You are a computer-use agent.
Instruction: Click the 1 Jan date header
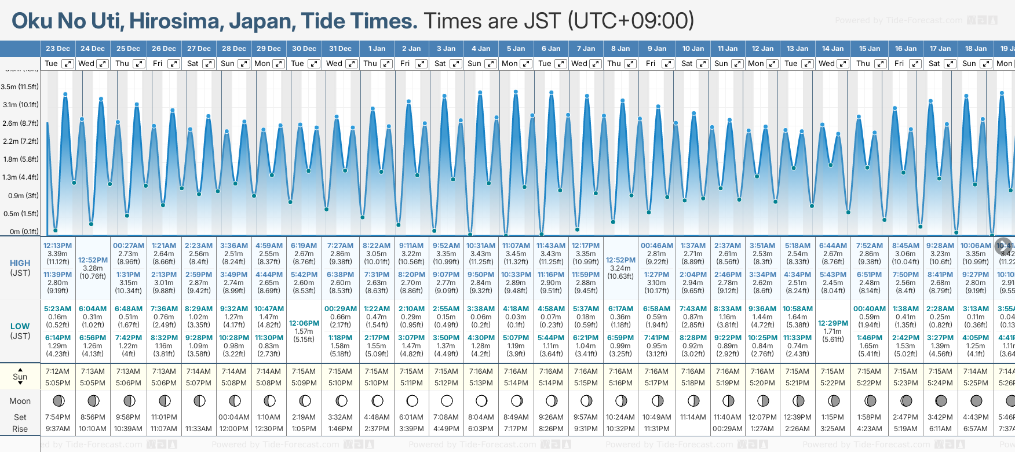tap(377, 49)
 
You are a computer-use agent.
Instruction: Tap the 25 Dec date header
tap(128, 49)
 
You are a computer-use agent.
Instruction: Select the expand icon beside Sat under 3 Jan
tap(456, 64)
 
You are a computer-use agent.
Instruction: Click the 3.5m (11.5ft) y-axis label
tap(20, 87)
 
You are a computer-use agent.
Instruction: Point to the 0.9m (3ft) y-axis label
tap(20, 196)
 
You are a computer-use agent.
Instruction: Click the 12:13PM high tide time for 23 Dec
tap(58, 246)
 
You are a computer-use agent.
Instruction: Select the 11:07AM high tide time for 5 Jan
tap(516, 246)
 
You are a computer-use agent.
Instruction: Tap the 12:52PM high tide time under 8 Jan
tap(620, 260)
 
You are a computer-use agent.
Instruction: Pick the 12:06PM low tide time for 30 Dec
tap(304, 323)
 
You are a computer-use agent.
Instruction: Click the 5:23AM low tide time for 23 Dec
tap(58, 309)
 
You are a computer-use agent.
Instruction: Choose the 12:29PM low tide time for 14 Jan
tap(833, 323)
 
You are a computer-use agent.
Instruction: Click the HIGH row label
tap(20, 263)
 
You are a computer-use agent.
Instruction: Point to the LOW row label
tap(20, 326)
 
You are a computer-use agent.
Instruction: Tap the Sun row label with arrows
tap(20, 377)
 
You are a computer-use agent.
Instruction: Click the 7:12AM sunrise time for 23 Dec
tap(58, 371)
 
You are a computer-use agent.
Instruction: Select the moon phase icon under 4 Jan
tap(481, 400)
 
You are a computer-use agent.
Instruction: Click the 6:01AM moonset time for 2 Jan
tap(411, 417)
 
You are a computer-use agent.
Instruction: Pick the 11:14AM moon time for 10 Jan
tap(693, 417)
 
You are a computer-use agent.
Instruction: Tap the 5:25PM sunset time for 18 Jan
tap(976, 383)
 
